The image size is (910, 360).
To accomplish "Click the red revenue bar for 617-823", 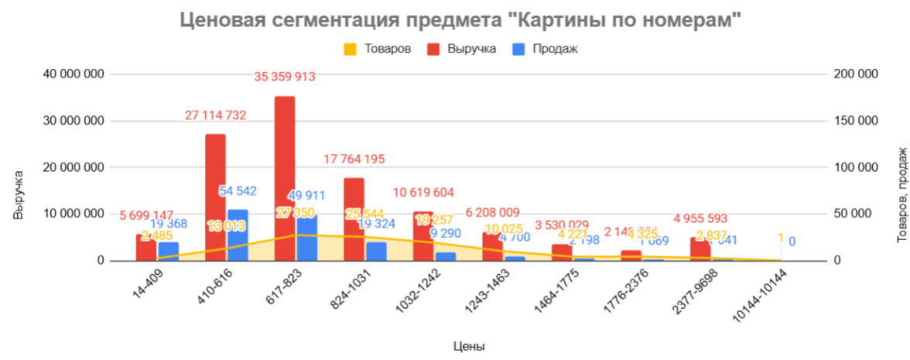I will tap(284, 178).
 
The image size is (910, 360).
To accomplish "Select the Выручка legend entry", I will tap(470, 49).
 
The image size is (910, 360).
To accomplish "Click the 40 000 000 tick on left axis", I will tap(74, 74).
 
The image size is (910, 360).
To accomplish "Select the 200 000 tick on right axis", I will tap(856, 74).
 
